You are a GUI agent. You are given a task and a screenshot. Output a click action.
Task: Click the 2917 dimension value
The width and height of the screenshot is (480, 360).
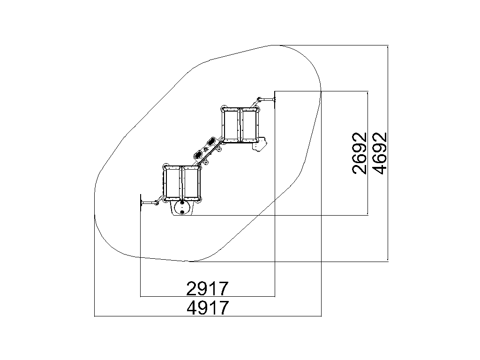click(208, 288)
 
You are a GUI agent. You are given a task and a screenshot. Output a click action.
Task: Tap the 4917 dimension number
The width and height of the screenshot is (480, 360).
click(208, 307)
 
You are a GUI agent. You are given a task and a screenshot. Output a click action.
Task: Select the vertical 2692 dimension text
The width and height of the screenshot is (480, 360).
click(360, 153)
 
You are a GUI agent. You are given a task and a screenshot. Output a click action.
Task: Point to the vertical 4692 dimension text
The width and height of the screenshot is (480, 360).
click(380, 153)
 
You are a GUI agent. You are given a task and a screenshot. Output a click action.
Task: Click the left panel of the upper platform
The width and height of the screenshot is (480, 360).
click(231, 125)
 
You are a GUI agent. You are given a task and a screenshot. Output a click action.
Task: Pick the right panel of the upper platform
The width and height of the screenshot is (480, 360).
click(249, 125)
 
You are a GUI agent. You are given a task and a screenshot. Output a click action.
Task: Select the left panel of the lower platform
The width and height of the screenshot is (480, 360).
click(173, 183)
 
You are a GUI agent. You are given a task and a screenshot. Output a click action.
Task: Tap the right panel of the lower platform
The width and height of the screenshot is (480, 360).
click(192, 183)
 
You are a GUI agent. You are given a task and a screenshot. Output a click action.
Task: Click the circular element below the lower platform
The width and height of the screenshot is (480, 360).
click(182, 209)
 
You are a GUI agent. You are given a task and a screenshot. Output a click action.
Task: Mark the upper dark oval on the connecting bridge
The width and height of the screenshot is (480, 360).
click(212, 142)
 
